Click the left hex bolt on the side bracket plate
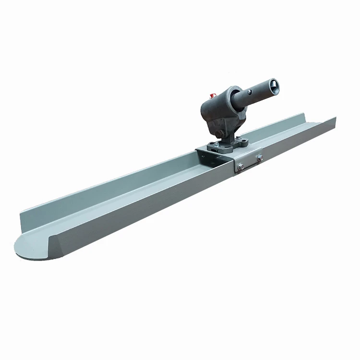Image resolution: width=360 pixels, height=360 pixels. (x=240, y=166)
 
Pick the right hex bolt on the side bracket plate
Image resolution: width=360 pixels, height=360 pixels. (x=259, y=157)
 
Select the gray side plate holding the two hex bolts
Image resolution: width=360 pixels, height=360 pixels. (x=250, y=162)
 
